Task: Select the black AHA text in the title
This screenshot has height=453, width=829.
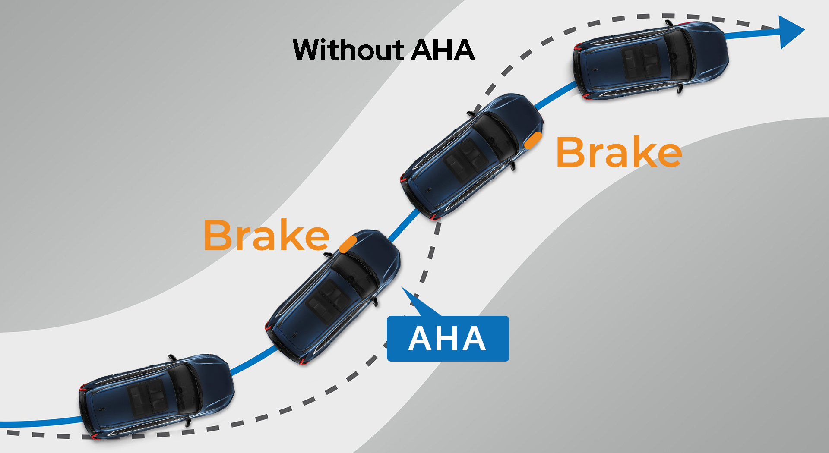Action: coord(443,50)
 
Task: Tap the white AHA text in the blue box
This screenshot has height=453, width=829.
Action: coord(447,339)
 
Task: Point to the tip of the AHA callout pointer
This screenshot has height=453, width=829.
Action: coord(402,287)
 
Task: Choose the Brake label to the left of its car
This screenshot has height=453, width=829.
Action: coord(266,235)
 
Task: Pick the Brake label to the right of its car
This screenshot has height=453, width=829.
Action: coord(619,151)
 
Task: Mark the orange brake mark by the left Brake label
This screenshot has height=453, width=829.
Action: coord(348,244)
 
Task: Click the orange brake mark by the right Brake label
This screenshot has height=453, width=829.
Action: coord(533,140)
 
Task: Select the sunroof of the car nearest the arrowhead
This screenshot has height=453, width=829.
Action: coord(642,61)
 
